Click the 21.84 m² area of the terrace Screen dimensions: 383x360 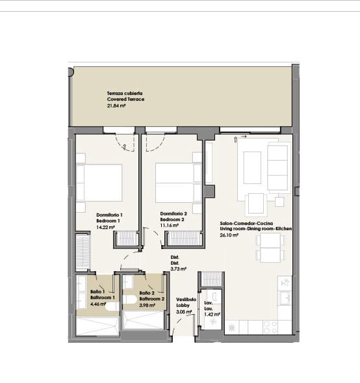point(116,105)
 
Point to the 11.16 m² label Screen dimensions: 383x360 point(170,226)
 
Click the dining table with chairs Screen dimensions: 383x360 point(270,247)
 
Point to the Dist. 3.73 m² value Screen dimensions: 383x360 point(178,268)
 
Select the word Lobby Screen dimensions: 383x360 point(183,305)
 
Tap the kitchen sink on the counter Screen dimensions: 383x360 point(285,298)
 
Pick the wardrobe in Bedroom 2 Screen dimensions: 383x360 point(181,239)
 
